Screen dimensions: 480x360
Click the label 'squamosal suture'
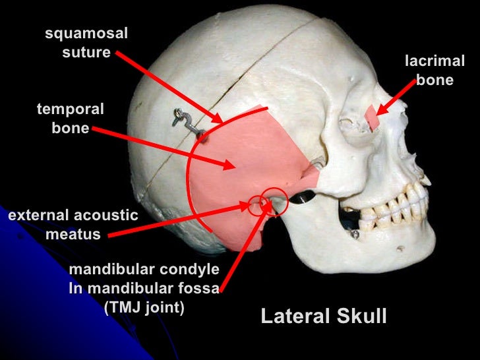pos(86,43)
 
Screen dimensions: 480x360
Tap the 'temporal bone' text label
pos(71,119)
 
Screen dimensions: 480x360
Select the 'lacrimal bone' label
pos(435,71)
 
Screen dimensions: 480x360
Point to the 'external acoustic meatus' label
pos(73,224)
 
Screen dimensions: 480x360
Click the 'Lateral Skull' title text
pos(323,316)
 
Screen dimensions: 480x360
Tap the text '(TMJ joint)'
pos(144,307)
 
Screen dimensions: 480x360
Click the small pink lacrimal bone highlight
pos(373,117)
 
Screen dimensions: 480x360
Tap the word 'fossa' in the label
pos(195,288)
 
